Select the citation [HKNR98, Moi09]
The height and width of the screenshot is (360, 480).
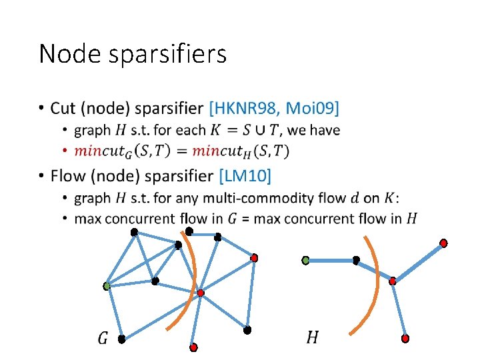274,107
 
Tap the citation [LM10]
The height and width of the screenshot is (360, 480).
245,176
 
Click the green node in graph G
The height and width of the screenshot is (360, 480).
107,286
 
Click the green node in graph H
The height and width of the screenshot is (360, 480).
306,259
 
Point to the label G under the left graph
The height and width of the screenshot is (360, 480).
103,338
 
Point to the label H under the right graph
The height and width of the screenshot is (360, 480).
312,337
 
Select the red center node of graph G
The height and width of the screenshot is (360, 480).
200,292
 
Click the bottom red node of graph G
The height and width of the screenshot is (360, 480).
193,347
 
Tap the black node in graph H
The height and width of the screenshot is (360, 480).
356,259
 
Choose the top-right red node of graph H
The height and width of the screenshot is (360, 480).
443,243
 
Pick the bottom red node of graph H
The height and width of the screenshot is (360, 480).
405,339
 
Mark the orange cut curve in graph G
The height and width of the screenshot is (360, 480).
192,280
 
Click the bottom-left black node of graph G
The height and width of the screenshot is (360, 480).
121,339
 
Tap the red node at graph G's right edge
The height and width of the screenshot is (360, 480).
254,257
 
